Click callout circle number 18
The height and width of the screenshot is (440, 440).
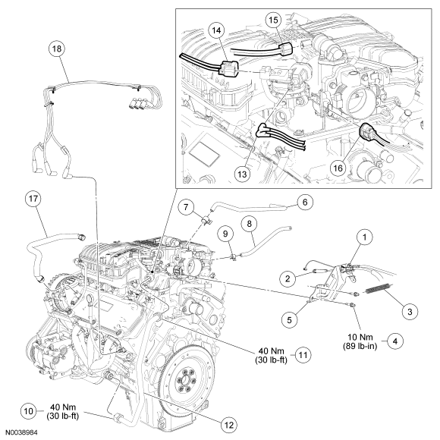click(x=57, y=49)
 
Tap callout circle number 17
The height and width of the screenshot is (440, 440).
click(x=33, y=199)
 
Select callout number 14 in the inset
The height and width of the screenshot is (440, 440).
click(x=216, y=30)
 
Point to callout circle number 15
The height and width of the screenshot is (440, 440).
click(x=274, y=20)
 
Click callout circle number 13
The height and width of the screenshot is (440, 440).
click(x=242, y=174)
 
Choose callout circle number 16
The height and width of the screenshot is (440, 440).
click(x=338, y=168)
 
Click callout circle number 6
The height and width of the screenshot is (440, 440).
click(x=305, y=203)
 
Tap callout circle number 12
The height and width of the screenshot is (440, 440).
click(x=228, y=425)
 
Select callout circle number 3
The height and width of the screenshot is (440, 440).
click(x=410, y=312)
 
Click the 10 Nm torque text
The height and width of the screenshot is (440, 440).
click(x=360, y=337)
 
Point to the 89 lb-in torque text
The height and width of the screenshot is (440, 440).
click(x=360, y=346)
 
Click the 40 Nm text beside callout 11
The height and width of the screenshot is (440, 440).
click(x=271, y=350)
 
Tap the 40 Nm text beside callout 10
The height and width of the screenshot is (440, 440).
click(x=63, y=407)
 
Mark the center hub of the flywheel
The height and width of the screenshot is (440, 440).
click(x=185, y=381)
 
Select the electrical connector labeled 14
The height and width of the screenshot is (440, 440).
click(x=228, y=68)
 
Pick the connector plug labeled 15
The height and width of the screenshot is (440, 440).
click(x=285, y=49)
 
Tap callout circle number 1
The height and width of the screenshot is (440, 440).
click(x=364, y=237)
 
